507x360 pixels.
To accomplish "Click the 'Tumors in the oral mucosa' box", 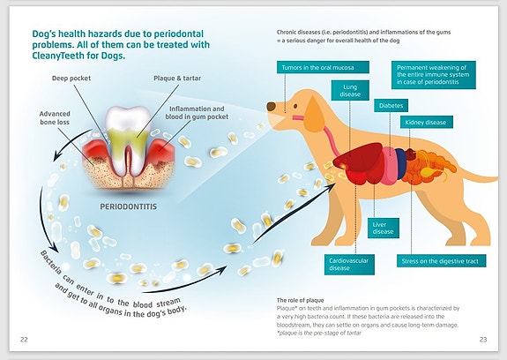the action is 323,67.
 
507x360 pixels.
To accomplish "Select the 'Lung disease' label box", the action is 350,90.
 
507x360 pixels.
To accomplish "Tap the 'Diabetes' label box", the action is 391,106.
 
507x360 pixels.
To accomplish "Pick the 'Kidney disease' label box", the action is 426,123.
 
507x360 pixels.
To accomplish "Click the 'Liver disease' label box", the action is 384,228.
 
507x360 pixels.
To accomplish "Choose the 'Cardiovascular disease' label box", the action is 349,264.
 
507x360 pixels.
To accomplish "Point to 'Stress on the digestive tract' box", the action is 441,260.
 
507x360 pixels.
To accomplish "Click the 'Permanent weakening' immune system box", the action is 434,75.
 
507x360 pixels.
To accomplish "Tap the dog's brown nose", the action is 271,107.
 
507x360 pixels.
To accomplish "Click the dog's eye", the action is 295,106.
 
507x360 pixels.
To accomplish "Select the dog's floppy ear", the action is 315,114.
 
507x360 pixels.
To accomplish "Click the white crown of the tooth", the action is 128,118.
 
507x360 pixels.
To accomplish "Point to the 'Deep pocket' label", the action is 71,79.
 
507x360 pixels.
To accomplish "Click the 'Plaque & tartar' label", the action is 177,79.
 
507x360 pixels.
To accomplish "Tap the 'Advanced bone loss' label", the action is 55,117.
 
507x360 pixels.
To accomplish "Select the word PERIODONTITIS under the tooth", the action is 129,206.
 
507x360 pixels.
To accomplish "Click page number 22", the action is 24,340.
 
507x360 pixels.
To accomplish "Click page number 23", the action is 483,340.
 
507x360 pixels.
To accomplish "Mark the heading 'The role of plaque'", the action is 300,300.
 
